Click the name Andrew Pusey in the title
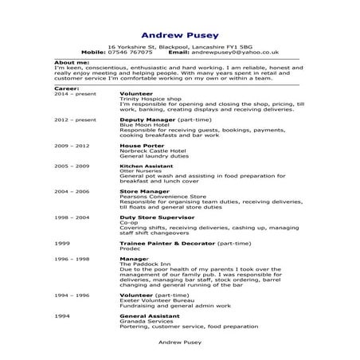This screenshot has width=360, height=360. point(180,34)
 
